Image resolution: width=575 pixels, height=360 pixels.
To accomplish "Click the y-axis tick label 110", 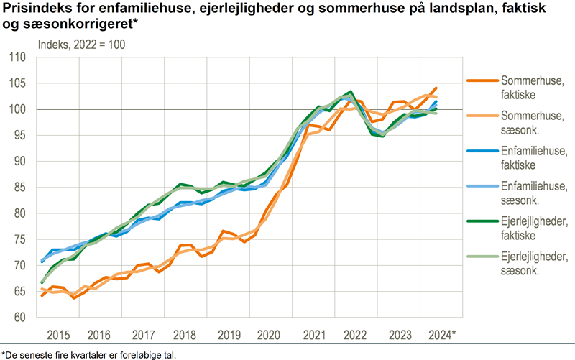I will pyautogui.click(x=17, y=57).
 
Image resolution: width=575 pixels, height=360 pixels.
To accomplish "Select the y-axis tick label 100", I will pyautogui.click(x=17, y=109).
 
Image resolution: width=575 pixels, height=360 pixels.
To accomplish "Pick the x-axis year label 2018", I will pyautogui.click(x=185, y=335).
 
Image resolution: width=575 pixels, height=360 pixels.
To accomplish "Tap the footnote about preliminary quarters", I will pyautogui.click(x=88, y=354).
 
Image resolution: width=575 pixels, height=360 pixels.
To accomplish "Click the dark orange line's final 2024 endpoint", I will pyautogui.click(x=436, y=88).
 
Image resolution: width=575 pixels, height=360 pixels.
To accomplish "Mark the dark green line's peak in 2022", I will pyautogui.click(x=350, y=92).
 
